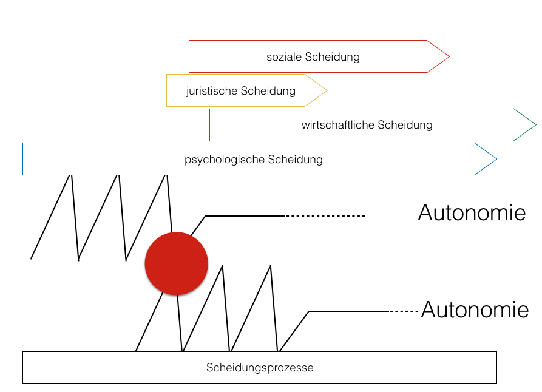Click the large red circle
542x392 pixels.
pyautogui.click(x=176, y=263)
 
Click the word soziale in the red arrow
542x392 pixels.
pyautogui.click(x=284, y=57)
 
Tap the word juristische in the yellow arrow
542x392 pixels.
pyautogui.click(x=212, y=91)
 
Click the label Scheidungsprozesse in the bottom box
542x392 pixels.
pyautogui.click(x=260, y=368)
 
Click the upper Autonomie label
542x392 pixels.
pyautogui.click(x=472, y=214)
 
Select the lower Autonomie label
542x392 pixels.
pyautogui.click(x=475, y=310)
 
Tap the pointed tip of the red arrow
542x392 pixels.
pyautogui.click(x=448, y=57)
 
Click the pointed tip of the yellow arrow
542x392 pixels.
pyautogui.click(x=326, y=91)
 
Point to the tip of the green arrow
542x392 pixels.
pyautogui.click(x=535, y=126)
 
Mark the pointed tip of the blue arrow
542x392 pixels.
pyautogui.click(x=495, y=160)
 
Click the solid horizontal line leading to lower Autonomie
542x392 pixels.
pyautogui.click(x=349, y=311)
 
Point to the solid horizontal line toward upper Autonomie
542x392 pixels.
pyautogui.click(x=245, y=216)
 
